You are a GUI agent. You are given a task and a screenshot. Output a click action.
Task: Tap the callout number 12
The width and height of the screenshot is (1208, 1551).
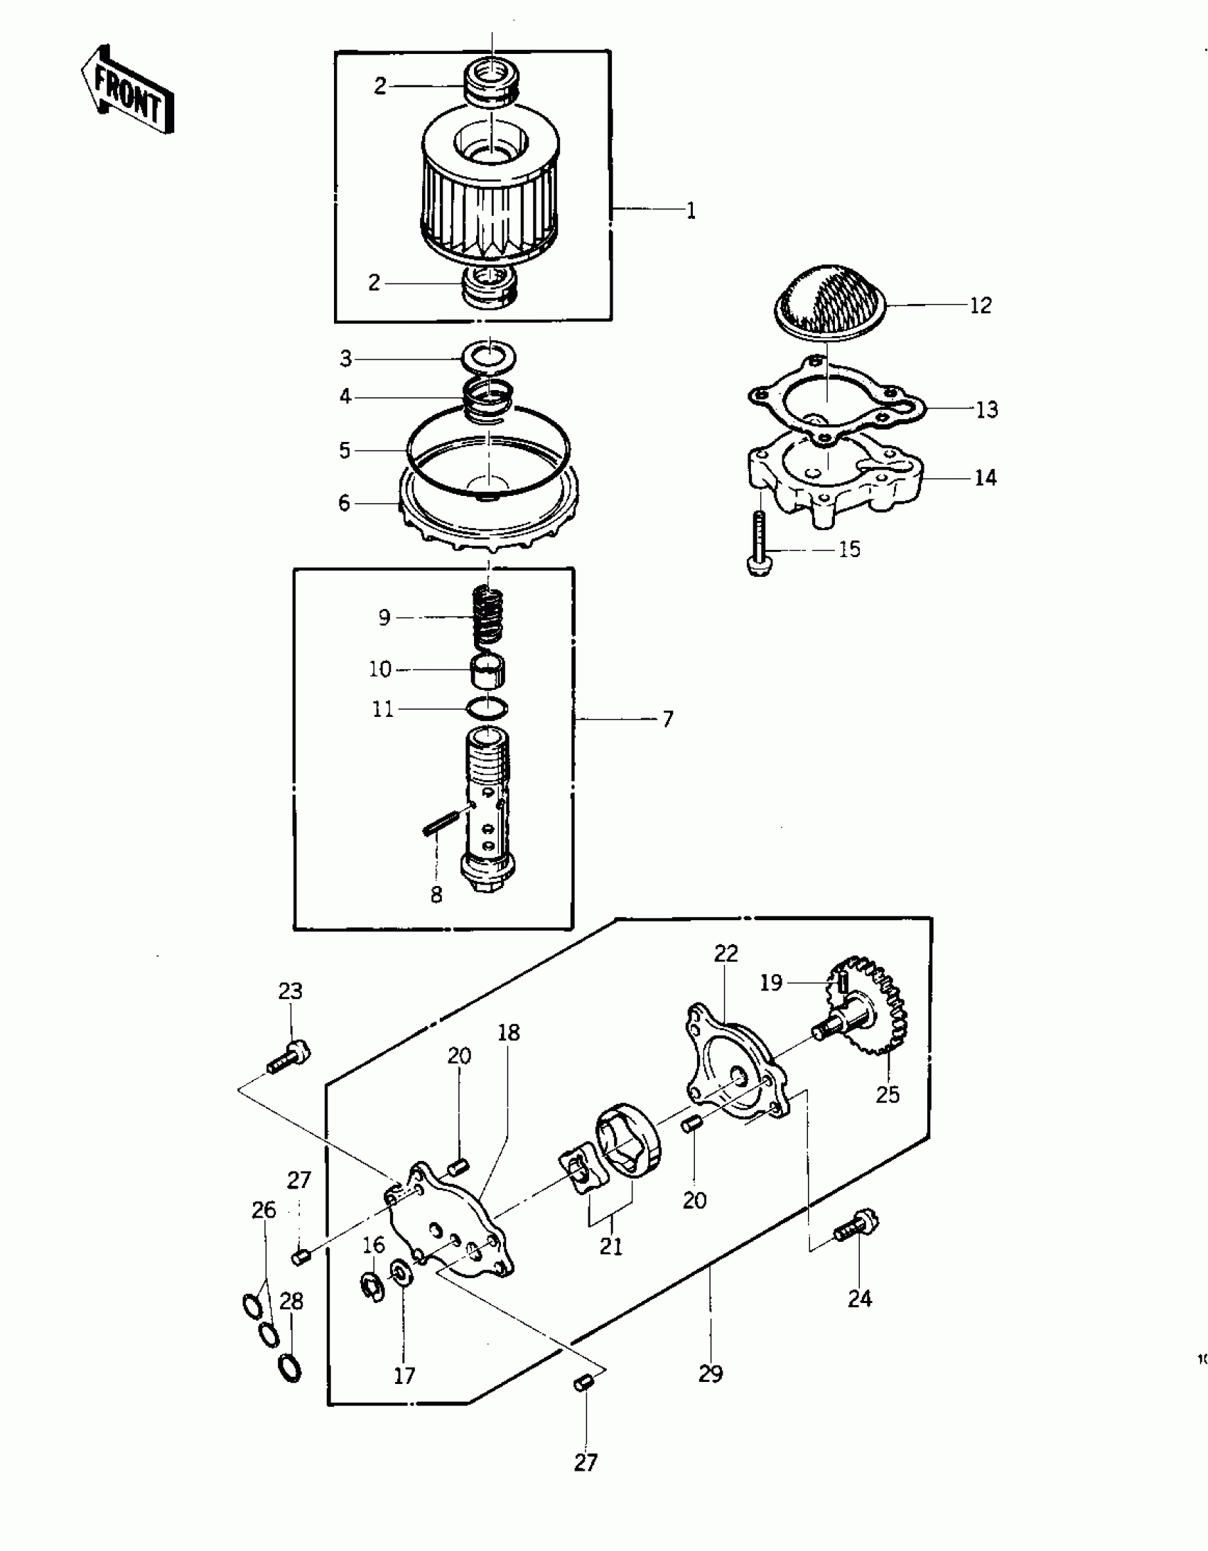(x=980, y=306)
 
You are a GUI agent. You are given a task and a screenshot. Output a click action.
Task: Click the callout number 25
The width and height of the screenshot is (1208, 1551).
(x=888, y=1095)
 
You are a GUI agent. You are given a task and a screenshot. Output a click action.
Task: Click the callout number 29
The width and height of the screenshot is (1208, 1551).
(x=710, y=1374)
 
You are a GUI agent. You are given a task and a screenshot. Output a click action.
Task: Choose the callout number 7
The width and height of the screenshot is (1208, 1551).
(x=667, y=720)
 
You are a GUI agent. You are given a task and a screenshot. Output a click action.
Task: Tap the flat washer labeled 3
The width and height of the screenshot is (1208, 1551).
(x=489, y=357)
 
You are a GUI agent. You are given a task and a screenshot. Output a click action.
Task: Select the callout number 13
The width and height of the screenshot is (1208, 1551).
(x=986, y=409)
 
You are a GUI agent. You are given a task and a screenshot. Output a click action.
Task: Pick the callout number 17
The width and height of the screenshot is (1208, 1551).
(x=404, y=1376)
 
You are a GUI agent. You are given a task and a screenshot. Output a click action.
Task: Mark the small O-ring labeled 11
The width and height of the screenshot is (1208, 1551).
(x=488, y=708)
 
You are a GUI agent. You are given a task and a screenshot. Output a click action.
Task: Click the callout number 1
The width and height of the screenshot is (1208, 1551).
(x=691, y=211)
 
